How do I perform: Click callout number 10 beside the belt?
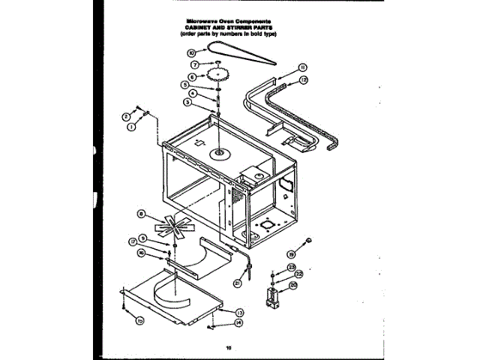pyautogui.click(x=191, y=53)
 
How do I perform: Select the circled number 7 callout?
pyautogui.click(x=193, y=64)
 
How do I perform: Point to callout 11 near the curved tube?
pyautogui.click(x=302, y=66)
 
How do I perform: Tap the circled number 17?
pyautogui.click(x=132, y=241)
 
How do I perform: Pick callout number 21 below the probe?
pyautogui.click(x=237, y=283)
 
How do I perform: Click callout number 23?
pyautogui.click(x=292, y=268)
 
